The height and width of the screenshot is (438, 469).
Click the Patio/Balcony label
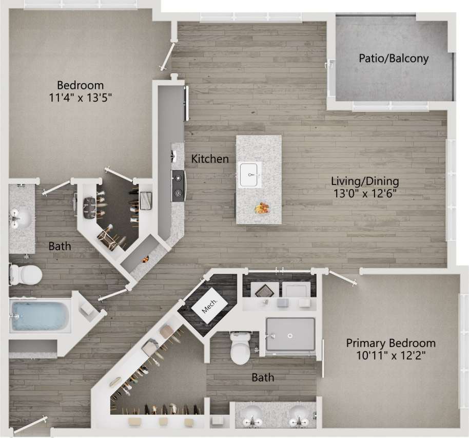[x=394, y=59]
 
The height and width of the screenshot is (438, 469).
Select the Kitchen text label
[x=210, y=159]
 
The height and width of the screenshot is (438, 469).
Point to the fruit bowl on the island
[x=263, y=208]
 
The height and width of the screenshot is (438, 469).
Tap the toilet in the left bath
[x=25, y=274]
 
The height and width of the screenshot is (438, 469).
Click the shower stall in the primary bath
[x=290, y=334]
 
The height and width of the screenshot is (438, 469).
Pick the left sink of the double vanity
[x=252, y=415]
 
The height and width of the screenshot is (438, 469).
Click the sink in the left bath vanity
[x=21, y=218]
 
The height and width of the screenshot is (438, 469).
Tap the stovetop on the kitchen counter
[x=178, y=185]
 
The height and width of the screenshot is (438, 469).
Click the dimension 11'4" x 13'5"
[x=80, y=98]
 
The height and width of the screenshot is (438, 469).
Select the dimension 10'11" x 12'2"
[x=390, y=355]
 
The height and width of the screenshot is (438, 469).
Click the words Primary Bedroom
[x=390, y=343]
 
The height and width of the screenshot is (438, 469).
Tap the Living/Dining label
[x=365, y=181]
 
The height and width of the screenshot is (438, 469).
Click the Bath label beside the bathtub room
[x=60, y=246]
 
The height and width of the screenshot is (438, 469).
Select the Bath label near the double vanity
[x=262, y=378]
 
